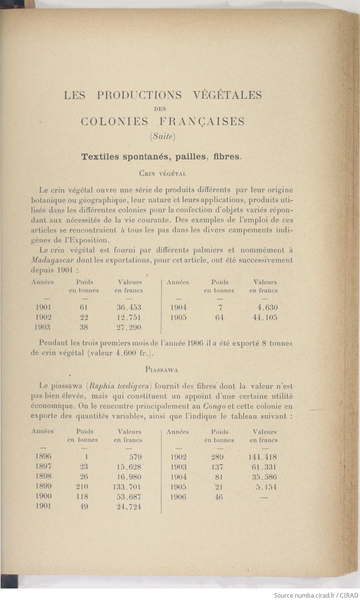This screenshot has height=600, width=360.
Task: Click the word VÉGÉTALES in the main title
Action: coord(227,95)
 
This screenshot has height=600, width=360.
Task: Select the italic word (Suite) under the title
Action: coord(163,136)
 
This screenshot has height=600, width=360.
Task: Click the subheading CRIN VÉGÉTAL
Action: coord(163,174)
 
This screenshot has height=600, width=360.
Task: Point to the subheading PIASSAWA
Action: coord(161,370)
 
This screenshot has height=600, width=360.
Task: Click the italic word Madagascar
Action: coord(52,260)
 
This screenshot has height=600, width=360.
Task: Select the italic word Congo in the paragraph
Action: coord(214,406)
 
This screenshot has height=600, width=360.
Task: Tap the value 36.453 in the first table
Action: coord(129,307)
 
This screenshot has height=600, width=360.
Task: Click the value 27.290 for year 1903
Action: coord(129,327)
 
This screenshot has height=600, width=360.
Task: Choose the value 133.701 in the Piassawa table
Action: coord(128,487)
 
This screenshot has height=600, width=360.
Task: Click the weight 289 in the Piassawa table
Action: coord(217,457)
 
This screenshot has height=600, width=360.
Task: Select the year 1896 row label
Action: coord(43,456)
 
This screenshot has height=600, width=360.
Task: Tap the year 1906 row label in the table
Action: coord(178,497)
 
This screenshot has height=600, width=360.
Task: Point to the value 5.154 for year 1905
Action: coord(266,487)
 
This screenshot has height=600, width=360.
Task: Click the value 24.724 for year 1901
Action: coord(129,507)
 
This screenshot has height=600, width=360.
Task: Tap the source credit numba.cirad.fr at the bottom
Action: coord(314,595)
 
